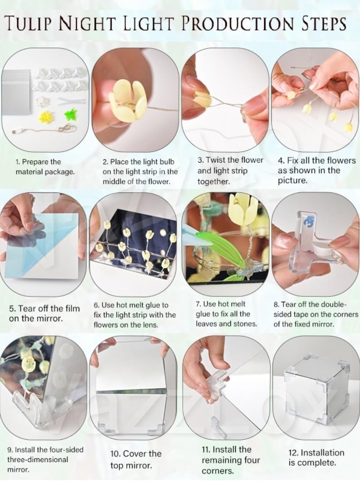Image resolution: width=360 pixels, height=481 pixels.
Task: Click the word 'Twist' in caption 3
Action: click(x=216, y=160)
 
